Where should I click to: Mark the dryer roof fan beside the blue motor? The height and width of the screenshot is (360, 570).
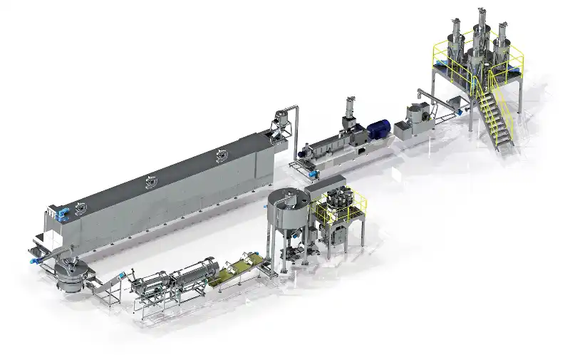[79, 209]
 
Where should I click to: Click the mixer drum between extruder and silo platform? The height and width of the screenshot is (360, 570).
[418, 116]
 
